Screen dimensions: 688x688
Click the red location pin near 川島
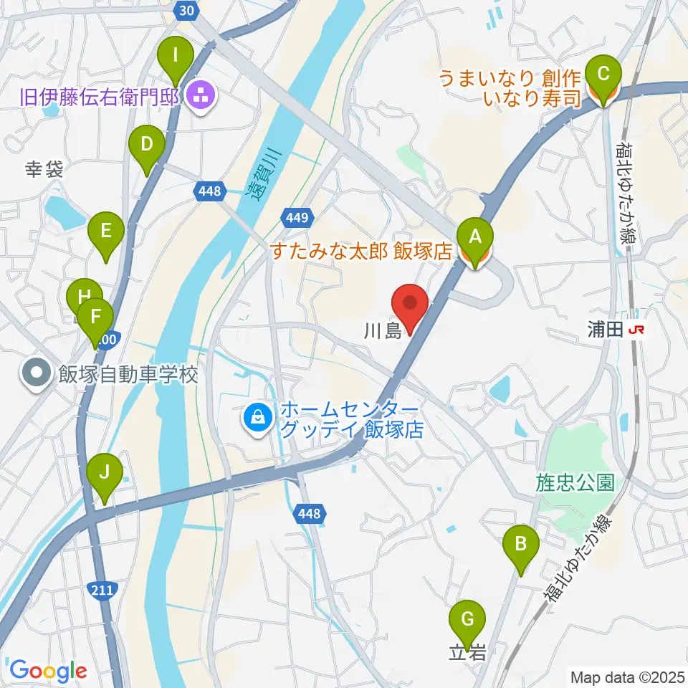click(411, 307)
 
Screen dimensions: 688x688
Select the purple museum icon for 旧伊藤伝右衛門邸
click(200, 94)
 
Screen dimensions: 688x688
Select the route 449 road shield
click(296, 216)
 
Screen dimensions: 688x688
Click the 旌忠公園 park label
click(575, 482)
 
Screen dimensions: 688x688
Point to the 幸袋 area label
click(44, 170)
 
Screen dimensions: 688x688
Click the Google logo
click(48, 671)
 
